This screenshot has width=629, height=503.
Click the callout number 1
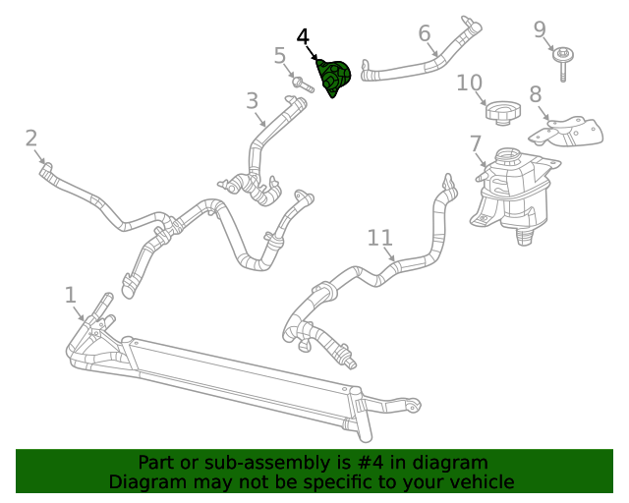coord(70,295)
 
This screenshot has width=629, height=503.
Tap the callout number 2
coord(30,139)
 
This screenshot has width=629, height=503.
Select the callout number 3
coord(253,100)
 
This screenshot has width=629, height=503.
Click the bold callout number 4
coord(303,37)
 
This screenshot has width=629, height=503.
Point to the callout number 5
coord(280,56)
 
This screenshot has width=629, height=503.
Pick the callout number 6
coord(425,34)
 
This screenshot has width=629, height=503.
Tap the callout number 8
coord(536,95)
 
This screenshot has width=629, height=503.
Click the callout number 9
coord(540,29)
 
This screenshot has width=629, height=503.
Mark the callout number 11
coord(380,238)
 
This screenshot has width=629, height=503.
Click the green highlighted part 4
coord(333,78)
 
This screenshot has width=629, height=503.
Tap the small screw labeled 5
coord(303,86)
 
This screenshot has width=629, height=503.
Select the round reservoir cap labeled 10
coord(501,111)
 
